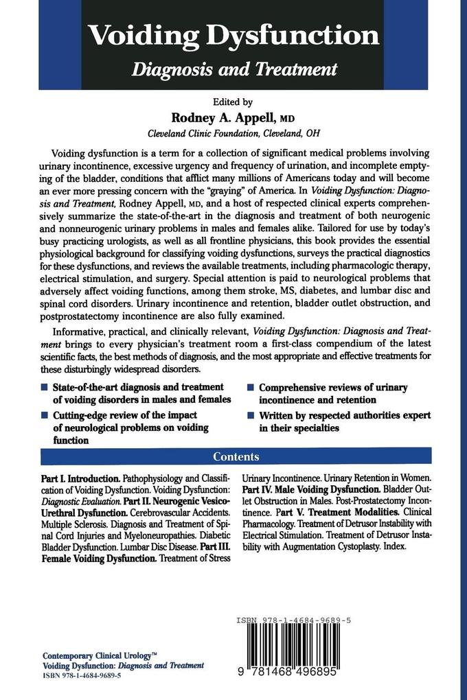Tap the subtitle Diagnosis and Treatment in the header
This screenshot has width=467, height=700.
235,69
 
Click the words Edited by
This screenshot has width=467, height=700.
233,102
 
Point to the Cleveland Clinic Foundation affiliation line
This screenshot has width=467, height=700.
233,133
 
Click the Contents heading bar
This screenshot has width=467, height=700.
236,456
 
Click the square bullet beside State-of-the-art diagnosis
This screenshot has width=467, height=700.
44,388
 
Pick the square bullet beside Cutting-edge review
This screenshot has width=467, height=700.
44,415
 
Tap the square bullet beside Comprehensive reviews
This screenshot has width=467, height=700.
251,388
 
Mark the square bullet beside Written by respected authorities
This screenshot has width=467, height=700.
251,416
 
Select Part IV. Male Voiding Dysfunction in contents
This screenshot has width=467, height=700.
310,489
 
